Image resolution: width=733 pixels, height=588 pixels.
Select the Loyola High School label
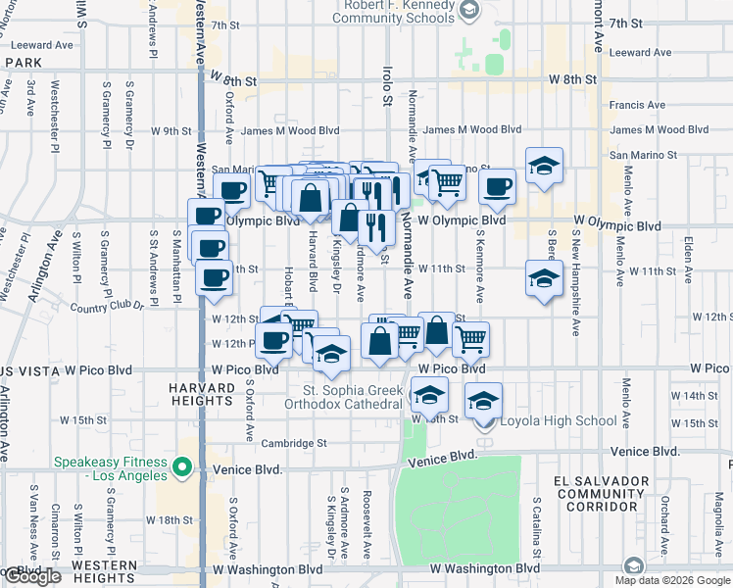(x=546, y=421)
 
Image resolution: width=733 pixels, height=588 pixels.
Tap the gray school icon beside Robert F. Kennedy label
(x=468, y=12)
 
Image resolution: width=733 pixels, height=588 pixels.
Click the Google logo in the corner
(x=31, y=576)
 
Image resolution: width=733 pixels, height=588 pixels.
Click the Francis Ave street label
(x=637, y=105)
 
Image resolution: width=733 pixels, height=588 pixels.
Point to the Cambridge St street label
(x=293, y=443)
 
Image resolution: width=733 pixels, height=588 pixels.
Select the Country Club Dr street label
(x=107, y=307)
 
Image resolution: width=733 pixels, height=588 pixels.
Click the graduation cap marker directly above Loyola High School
(x=483, y=401)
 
